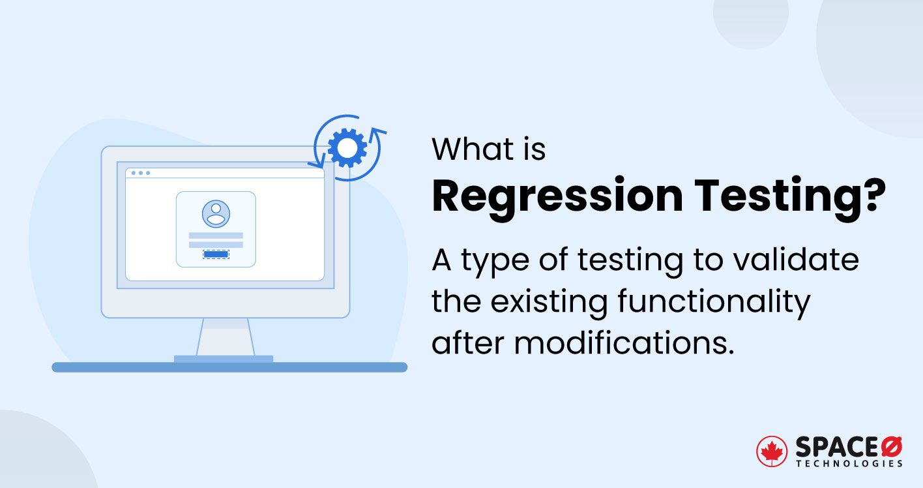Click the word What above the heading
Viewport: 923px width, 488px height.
coord(474,149)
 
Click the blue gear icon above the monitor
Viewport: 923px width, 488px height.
coord(347,147)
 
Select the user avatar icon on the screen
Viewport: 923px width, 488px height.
coord(216,214)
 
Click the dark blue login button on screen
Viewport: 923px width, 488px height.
coord(216,254)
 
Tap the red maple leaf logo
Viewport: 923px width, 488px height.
coord(771,451)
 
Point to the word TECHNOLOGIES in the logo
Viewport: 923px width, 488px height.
coord(849,464)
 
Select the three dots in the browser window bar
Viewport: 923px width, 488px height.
coord(141,173)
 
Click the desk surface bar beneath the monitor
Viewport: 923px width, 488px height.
coord(229,367)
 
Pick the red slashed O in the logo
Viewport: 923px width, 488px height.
coord(892,447)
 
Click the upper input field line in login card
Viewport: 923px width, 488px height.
coord(216,236)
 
